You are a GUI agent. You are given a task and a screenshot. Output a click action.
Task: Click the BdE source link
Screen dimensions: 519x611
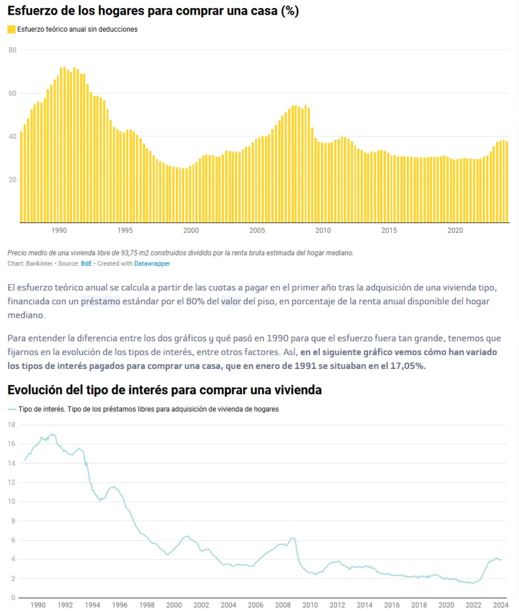click(86, 263)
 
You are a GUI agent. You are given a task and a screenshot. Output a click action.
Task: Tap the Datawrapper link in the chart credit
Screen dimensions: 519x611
click(152, 263)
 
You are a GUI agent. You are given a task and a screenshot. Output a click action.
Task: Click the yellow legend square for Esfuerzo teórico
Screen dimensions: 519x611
click(11, 29)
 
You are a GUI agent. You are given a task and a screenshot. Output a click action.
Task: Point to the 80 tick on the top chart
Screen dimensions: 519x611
click(12, 50)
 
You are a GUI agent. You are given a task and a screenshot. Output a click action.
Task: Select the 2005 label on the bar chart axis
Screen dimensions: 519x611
click(257, 230)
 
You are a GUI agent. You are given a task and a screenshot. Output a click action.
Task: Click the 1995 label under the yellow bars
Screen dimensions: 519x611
click(125, 230)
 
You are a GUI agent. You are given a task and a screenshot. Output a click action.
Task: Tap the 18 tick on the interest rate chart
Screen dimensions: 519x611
click(11, 425)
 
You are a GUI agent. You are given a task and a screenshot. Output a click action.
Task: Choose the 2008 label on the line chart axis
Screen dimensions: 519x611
click(283, 605)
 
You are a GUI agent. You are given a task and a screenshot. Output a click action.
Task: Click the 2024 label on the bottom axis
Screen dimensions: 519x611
click(500, 605)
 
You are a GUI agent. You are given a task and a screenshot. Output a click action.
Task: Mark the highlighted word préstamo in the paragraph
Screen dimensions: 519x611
click(101, 301)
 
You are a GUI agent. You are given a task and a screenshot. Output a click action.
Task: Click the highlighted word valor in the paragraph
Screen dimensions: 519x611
click(231, 301)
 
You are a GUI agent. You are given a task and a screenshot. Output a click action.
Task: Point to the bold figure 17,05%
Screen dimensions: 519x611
click(408, 366)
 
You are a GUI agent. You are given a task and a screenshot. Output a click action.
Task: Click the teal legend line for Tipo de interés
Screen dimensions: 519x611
click(12, 409)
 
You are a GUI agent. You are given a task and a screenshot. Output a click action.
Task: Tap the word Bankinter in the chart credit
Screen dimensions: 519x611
click(39, 263)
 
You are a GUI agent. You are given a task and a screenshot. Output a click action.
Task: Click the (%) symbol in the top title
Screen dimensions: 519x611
click(289, 10)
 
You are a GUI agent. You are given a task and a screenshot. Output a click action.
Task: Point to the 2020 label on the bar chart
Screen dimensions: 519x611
click(455, 230)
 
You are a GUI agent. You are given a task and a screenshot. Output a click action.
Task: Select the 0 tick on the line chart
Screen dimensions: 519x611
click(13, 598)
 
